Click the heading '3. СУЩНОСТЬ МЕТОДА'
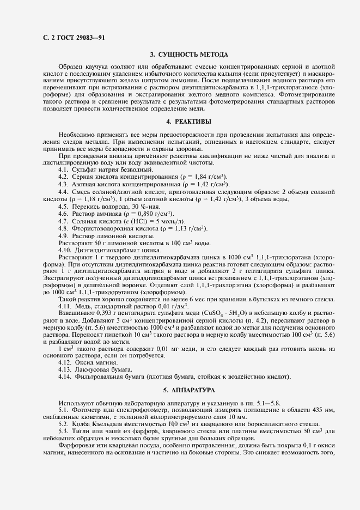pyautogui.click(x=189, y=54)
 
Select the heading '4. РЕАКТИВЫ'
pyautogui.click(x=189, y=122)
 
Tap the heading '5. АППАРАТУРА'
pyautogui.click(x=189, y=390)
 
